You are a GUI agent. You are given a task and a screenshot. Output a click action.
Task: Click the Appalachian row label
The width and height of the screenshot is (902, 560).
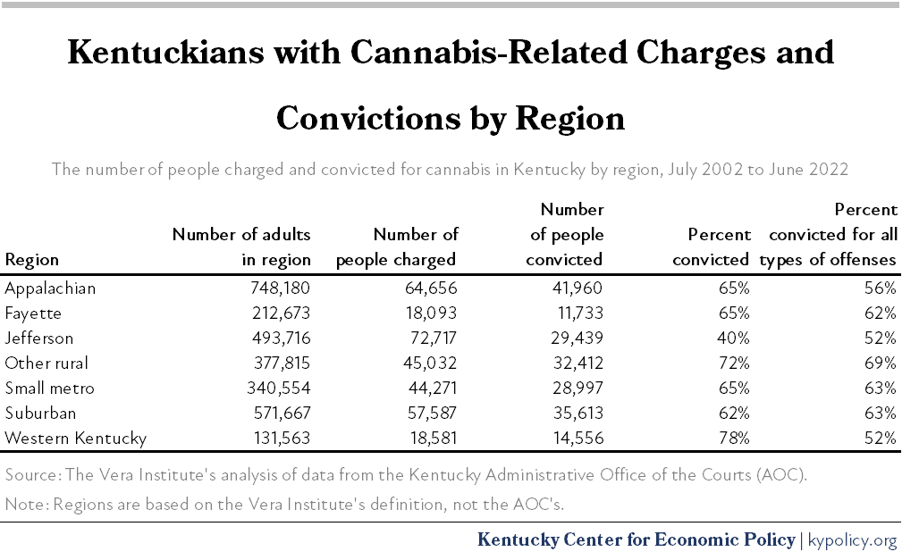pyautogui.click(x=50, y=288)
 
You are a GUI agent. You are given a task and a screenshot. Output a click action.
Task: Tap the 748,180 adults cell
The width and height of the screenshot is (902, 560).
pyautogui.click(x=277, y=288)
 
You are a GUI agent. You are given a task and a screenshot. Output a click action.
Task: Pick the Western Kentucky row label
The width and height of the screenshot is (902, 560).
pyautogui.click(x=75, y=439)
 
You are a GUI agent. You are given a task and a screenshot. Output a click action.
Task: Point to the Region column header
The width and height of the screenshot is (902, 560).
pyautogui.click(x=32, y=260)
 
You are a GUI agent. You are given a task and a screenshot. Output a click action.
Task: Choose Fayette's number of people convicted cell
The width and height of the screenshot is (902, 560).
pyautogui.click(x=574, y=313)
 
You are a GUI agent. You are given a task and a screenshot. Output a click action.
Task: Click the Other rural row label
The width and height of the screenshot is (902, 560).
pyautogui.click(x=46, y=364)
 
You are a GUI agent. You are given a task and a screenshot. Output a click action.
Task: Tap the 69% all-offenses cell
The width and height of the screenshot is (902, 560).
pyautogui.click(x=881, y=364)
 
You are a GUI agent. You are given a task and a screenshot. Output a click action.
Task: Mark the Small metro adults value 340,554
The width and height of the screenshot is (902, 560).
pyautogui.click(x=277, y=389)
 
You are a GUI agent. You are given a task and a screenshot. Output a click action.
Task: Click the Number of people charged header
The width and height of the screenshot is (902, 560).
pyautogui.click(x=399, y=247)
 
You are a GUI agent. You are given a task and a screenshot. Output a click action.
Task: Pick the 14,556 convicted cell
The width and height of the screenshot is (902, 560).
pyautogui.click(x=574, y=439)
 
